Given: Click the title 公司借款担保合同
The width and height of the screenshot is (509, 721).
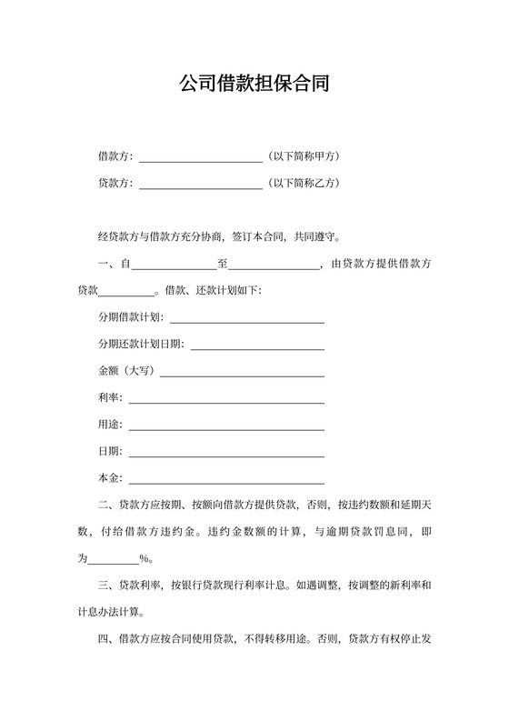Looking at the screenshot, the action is pyautogui.click(x=254, y=85).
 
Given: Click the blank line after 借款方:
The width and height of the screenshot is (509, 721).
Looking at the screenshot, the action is pyautogui.click(x=201, y=157).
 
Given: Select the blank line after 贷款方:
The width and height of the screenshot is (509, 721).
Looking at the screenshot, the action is pyautogui.click(x=201, y=184).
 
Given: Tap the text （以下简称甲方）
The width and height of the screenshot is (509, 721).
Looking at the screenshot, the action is pyautogui.click(x=304, y=156).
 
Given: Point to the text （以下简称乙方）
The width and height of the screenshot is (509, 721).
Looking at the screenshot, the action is pyautogui.click(x=304, y=183).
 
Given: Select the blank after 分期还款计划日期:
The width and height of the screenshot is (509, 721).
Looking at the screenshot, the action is pyautogui.click(x=256, y=345).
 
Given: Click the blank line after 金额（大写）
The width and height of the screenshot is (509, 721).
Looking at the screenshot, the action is pyautogui.click(x=242, y=372).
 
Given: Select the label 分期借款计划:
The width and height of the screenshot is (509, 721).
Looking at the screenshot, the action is pyautogui.click(x=130, y=318).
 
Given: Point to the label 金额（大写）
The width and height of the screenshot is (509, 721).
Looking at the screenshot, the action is pyautogui.click(x=127, y=372).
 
